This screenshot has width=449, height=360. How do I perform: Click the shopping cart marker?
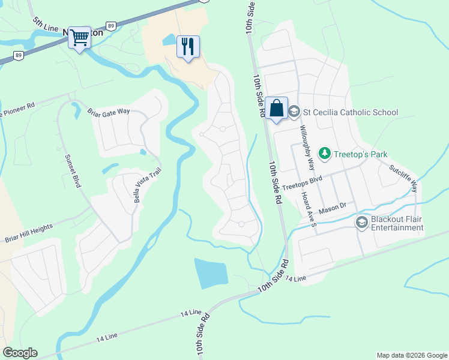79,38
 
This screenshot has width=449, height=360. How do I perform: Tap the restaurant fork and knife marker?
188,46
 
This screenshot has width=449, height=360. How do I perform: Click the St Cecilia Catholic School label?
351,112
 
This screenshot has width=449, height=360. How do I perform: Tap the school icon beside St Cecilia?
295,112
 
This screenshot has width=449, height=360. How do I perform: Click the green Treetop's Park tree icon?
325,154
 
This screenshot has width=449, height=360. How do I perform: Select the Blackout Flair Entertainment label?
397,223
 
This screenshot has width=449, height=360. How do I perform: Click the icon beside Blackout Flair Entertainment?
361,223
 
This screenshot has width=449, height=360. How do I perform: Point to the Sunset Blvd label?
73,170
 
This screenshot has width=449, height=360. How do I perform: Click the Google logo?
20,353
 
